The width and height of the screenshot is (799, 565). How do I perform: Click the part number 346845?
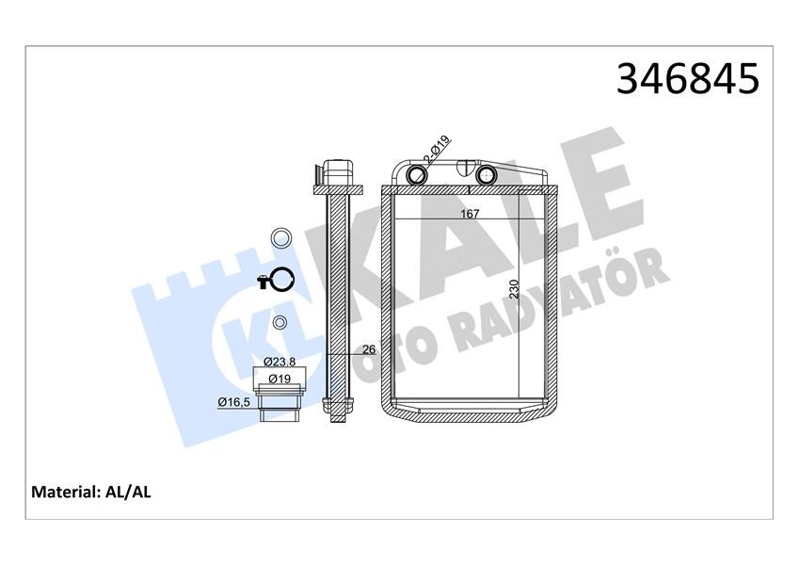click(687, 80)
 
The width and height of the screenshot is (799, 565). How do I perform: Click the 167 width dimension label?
click(471, 214)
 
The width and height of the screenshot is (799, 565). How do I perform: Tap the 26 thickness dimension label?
click(369, 349)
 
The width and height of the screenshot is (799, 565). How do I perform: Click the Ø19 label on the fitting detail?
click(280, 378)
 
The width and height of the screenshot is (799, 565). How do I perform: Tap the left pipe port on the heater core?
click(417, 175)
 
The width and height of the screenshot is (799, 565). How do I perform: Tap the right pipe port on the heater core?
click(486, 175)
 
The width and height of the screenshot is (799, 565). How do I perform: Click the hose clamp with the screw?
click(279, 280)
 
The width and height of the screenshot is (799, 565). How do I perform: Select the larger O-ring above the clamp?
click(280, 237)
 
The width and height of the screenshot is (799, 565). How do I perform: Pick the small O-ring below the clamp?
click(280, 324)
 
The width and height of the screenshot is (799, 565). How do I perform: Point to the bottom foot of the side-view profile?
click(338, 407)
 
